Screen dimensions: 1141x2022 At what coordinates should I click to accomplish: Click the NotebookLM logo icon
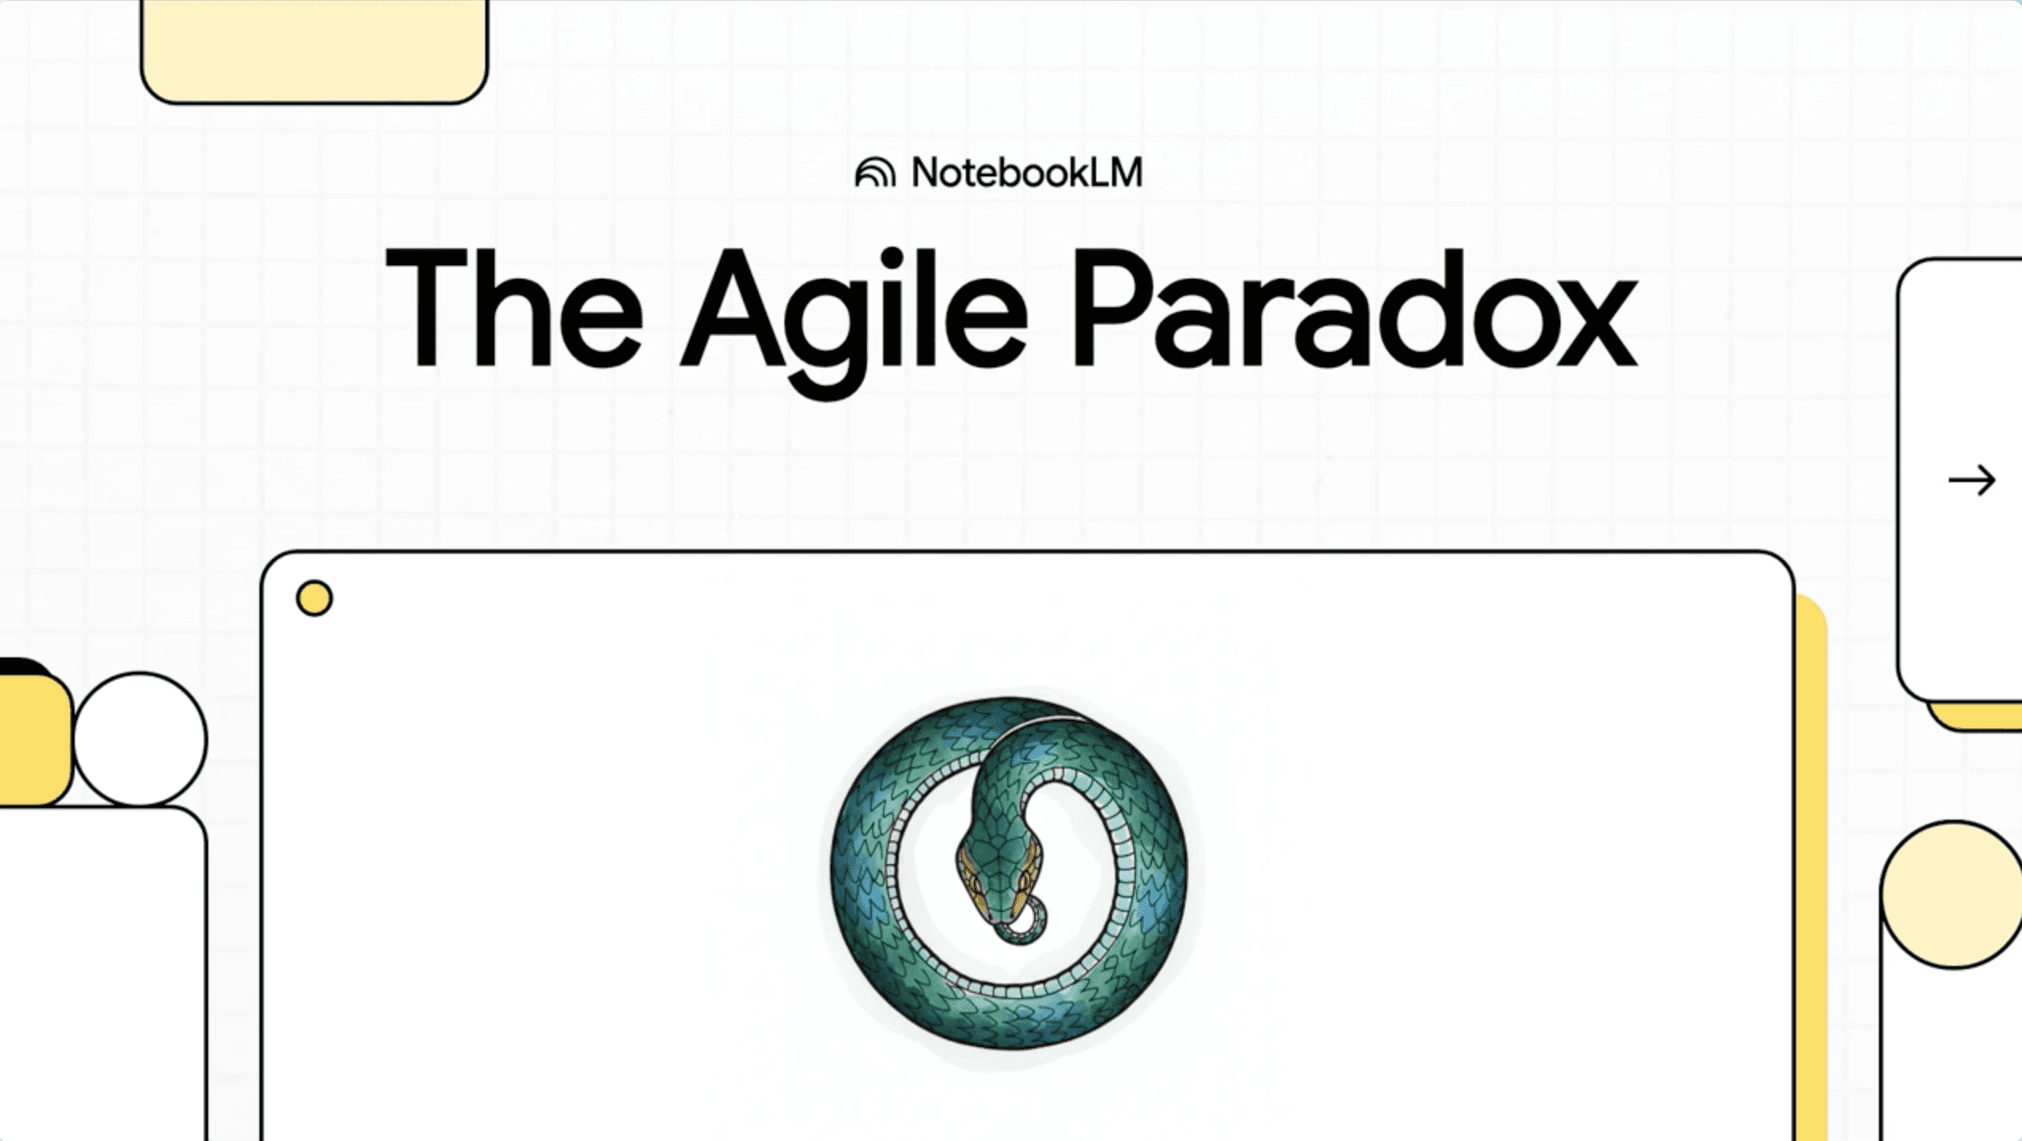pos(875,173)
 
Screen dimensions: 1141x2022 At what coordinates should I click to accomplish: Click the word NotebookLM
pos(1026,173)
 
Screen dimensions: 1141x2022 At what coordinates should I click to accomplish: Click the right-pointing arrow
pos(1971,481)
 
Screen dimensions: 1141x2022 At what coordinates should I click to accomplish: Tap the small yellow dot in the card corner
pos(314,598)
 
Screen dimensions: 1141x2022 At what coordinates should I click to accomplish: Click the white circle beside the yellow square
pos(140,740)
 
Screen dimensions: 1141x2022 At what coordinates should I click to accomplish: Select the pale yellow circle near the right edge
pos(1953,895)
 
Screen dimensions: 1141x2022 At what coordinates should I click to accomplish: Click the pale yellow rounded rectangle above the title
pos(314,48)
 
